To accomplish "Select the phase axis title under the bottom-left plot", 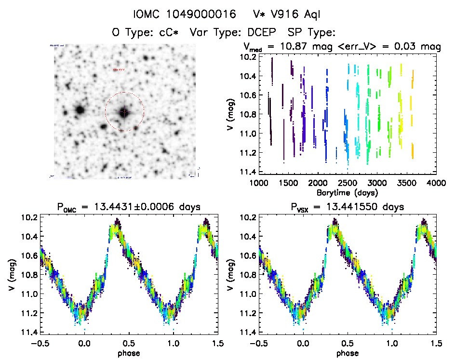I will coord(128,352).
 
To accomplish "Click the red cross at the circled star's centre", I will coord(124,112).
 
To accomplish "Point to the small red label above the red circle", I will coord(118,70).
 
